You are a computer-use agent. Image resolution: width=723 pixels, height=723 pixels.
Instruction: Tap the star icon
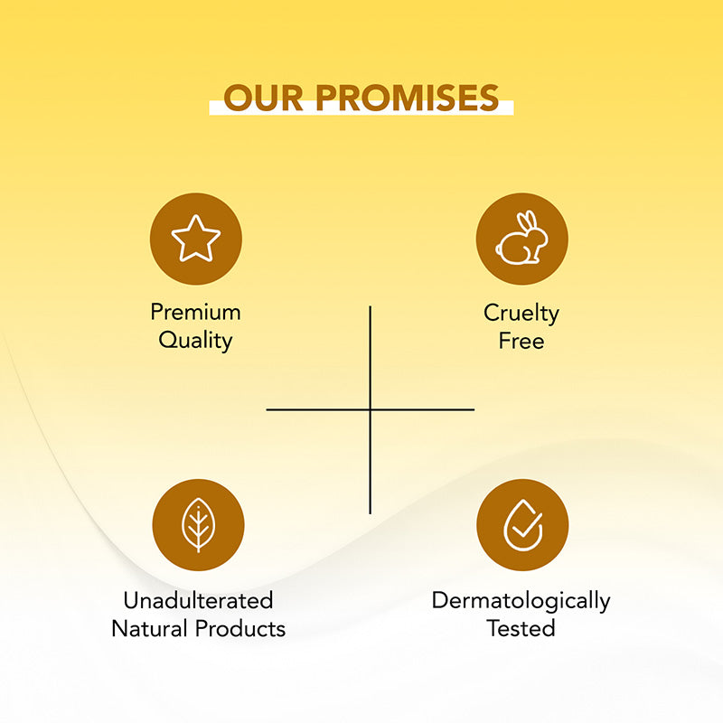click(196, 239)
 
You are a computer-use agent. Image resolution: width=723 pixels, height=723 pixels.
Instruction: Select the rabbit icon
click(521, 239)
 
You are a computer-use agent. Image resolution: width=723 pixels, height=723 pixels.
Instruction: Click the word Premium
click(195, 313)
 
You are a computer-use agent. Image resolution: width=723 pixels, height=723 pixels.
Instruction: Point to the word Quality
click(195, 341)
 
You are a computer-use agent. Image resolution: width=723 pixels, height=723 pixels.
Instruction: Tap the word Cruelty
click(521, 313)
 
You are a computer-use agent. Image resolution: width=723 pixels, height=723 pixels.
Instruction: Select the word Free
click(521, 341)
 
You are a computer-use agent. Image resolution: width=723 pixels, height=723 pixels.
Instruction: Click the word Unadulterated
click(198, 600)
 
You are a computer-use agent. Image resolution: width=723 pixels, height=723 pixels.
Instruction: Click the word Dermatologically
click(521, 600)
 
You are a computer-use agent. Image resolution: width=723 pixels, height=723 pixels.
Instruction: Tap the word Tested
click(521, 628)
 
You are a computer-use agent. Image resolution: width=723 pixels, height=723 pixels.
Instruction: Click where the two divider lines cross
click(370, 409)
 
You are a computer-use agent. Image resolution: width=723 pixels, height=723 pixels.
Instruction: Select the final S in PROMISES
click(488, 98)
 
